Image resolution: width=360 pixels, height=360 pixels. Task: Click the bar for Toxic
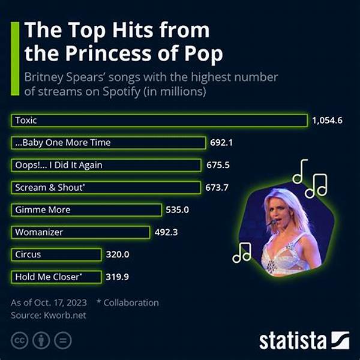[x=159, y=121]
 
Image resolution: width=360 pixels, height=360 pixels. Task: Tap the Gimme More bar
[x=86, y=210]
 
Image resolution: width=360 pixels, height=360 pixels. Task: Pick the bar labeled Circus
[x=56, y=254]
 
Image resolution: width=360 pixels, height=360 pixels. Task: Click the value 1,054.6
[x=327, y=121]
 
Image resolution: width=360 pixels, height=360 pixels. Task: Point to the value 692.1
[x=224, y=143]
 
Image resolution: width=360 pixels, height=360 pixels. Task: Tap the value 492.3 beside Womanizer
[x=169, y=232]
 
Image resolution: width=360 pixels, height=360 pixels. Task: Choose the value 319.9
[x=118, y=277]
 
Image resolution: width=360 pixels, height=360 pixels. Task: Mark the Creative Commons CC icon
[x=20, y=341]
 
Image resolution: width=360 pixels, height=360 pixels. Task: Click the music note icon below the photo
[x=242, y=252]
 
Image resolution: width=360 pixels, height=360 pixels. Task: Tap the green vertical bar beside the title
[x=14, y=43]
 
